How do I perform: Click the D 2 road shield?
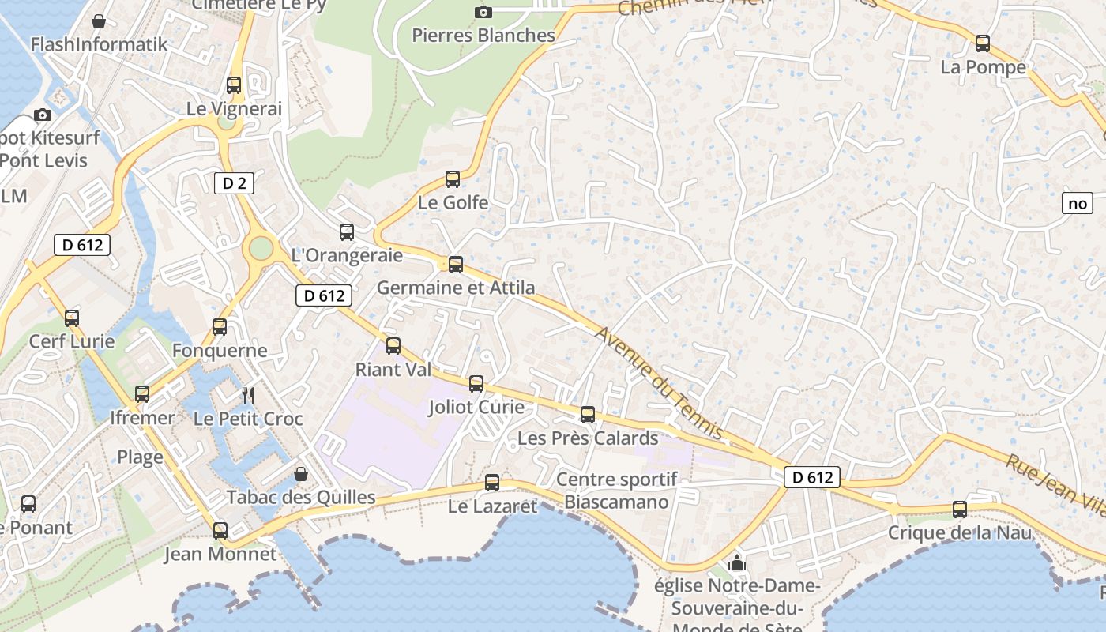[x=234, y=183]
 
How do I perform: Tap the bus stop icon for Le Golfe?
[x=453, y=179]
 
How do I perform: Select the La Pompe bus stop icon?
[x=983, y=43]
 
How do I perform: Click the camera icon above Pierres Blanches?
[x=483, y=12]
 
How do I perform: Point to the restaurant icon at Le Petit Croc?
[x=248, y=394]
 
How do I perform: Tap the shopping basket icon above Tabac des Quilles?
[x=301, y=474]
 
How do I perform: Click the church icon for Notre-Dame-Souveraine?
[x=737, y=562]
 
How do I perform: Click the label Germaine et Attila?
[x=456, y=288]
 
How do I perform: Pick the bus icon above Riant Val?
[x=393, y=346]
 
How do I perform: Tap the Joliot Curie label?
[x=476, y=407]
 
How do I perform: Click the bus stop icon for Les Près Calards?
[x=588, y=415]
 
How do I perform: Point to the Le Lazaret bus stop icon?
[x=492, y=483]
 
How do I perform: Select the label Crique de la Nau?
[x=960, y=532]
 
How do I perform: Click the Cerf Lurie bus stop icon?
[x=72, y=318]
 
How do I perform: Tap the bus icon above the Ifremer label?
[x=142, y=393]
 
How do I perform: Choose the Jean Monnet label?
[x=220, y=554]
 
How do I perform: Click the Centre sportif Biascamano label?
[x=617, y=491]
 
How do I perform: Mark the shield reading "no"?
[x=1078, y=203]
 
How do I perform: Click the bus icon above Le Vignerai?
[x=234, y=85]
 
